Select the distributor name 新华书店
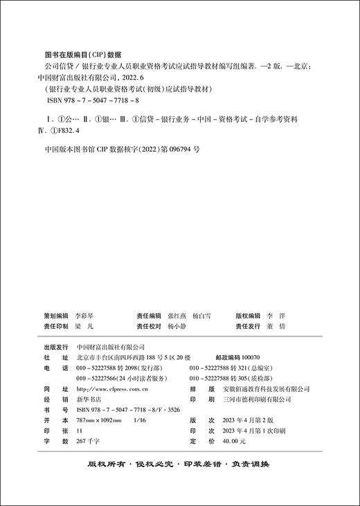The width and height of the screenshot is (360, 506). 89,399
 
